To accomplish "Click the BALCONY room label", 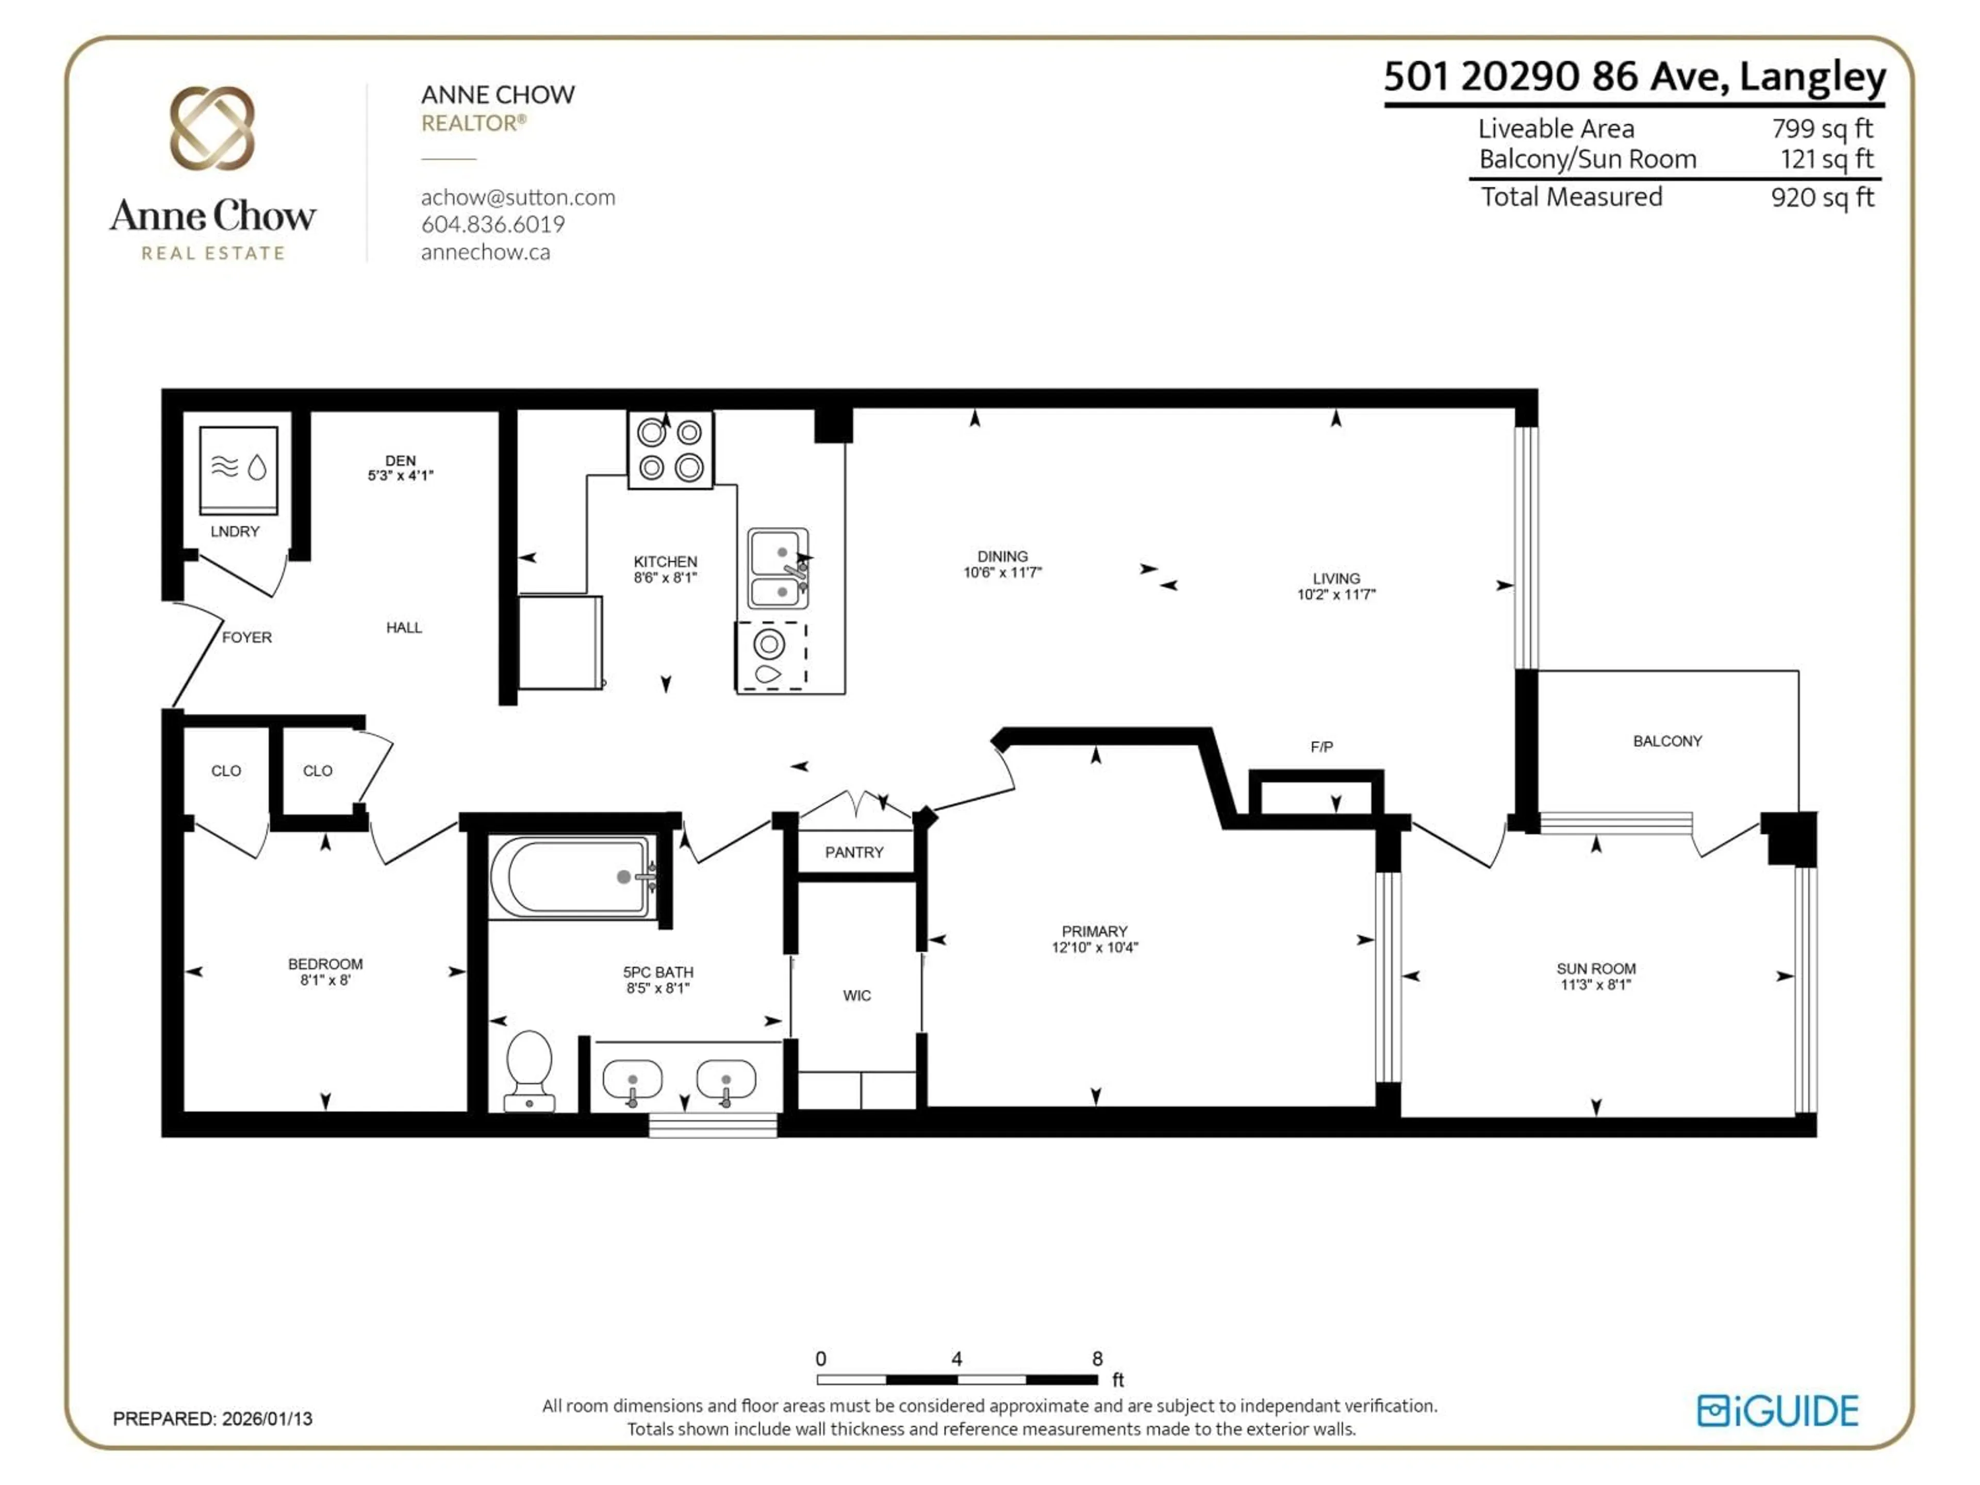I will tap(1666, 741).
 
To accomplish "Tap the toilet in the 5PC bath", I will tap(529, 1070).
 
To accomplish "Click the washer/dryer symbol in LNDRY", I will tap(238, 469).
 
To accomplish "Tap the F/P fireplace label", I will tap(1321, 747).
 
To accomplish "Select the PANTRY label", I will tap(854, 852).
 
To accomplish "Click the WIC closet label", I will tap(856, 995).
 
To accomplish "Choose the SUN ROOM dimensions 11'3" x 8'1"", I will tap(1595, 985).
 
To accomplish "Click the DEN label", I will tap(400, 460).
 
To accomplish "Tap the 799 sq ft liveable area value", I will tap(1822, 129).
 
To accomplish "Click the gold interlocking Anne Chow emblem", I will tap(212, 128).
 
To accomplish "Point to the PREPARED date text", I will tap(212, 1419).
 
